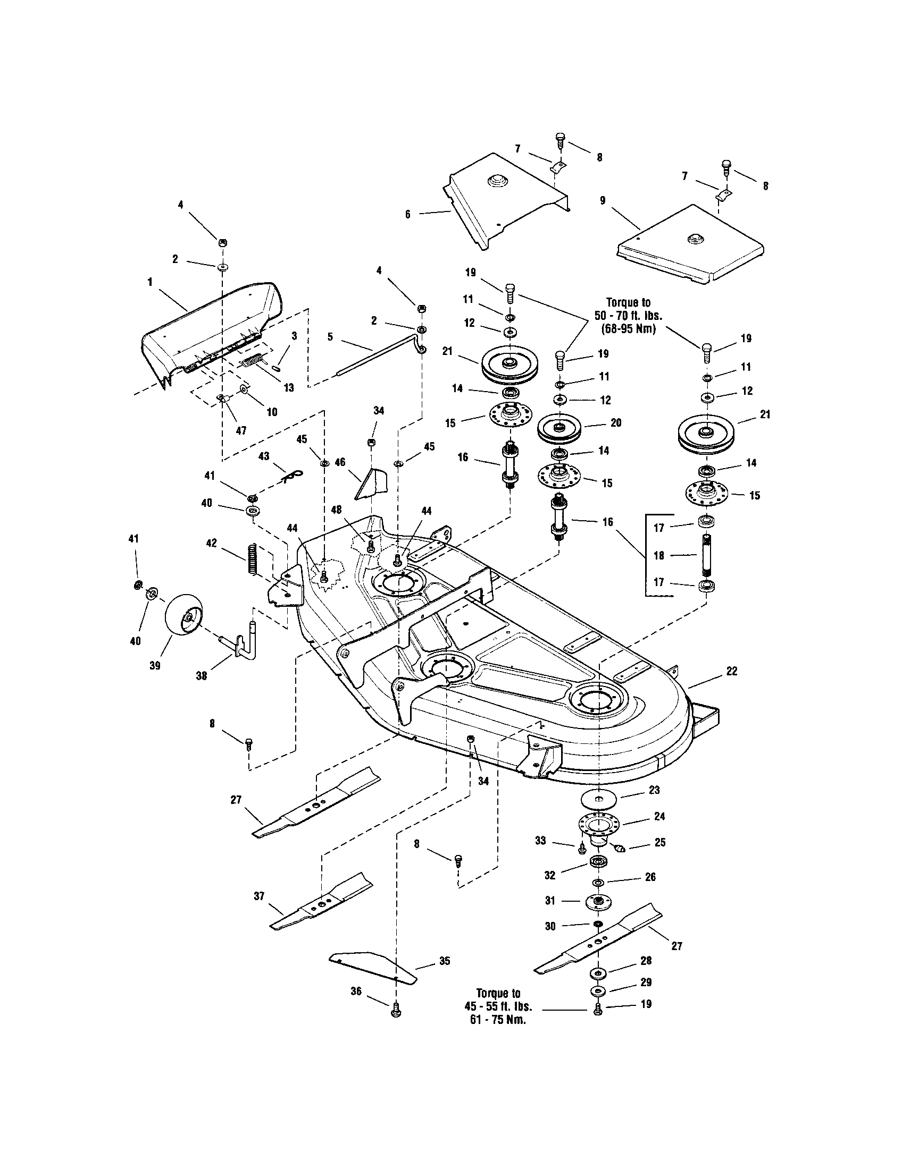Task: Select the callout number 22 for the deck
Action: pyautogui.click(x=731, y=671)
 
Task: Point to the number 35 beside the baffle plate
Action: pyautogui.click(x=445, y=961)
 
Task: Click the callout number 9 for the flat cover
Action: pyautogui.click(x=603, y=201)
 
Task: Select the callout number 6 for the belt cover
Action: pyautogui.click(x=408, y=215)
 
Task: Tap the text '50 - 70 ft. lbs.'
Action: pyautogui.click(x=628, y=316)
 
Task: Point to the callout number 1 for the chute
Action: pyautogui.click(x=151, y=281)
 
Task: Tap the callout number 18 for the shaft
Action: pyautogui.click(x=659, y=556)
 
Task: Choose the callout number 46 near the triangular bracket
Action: pyautogui.click(x=340, y=462)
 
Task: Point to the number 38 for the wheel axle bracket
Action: pyautogui.click(x=202, y=676)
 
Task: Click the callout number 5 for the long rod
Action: pyautogui.click(x=330, y=337)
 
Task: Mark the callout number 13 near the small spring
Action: pyautogui.click(x=289, y=388)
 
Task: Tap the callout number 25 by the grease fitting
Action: pyautogui.click(x=660, y=843)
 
